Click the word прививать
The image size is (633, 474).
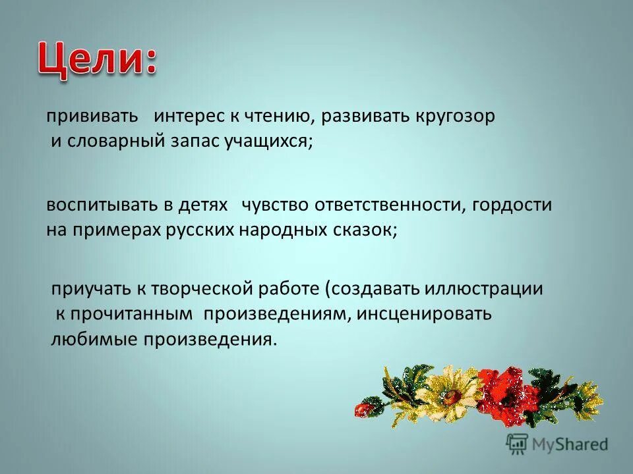click(x=92, y=117)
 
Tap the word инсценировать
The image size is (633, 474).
click(x=425, y=314)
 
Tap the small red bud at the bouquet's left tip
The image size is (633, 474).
click(x=363, y=409)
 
